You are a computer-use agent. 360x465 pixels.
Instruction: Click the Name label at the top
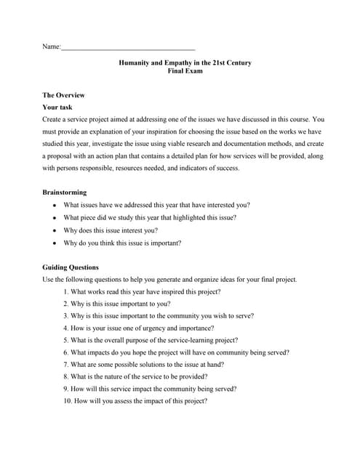click(51, 47)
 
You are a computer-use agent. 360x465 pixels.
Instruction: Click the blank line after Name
click(128, 48)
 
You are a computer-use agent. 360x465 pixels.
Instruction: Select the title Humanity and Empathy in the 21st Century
click(185, 63)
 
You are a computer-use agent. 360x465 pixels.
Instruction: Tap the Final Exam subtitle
click(185, 71)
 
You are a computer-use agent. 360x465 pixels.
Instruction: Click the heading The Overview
click(64, 95)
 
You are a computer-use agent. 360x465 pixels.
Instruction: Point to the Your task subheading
click(57, 107)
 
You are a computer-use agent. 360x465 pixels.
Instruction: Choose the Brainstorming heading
click(65, 193)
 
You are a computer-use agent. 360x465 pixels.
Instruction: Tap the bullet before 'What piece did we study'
click(54, 217)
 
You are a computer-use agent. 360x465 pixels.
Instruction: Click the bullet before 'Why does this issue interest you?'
click(54, 230)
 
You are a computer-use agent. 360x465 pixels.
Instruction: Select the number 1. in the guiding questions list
click(66, 291)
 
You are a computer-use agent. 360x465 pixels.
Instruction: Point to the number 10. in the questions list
click(68, 400)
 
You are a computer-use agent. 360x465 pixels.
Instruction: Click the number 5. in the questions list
click(66, 340)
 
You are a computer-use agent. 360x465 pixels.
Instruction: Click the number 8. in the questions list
click(66, 376)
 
